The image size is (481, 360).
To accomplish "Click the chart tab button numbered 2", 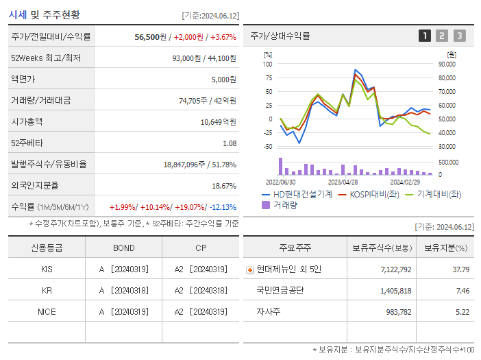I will coord(442,36).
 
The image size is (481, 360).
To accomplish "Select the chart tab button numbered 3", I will coord(459,36).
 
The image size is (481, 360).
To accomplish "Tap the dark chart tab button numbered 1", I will coord(425,36).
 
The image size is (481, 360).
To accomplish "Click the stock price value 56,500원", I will coord(150,37).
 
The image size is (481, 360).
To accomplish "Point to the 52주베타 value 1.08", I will coord(230,143).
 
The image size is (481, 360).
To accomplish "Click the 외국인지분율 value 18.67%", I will coord(224,186).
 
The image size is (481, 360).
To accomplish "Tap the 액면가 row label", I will coord(26,80).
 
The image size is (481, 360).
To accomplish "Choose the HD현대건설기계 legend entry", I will coord(297,194).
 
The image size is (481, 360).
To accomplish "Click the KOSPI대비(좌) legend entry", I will coord(373,194).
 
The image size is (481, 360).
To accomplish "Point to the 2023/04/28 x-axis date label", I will coord(343,182).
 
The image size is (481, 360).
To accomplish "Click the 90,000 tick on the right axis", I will coord(447,64).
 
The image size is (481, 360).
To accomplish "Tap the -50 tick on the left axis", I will coord(268,147).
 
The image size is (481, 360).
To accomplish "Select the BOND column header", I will coord(124,248).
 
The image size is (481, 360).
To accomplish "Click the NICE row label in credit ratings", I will coord(47,311).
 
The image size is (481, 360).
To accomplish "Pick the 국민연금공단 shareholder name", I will coord(280,291).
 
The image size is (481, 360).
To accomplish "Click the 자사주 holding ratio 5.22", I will coord(463,312).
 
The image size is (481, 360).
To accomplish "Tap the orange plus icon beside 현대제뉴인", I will coord(249,269).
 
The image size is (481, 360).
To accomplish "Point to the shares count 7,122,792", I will coord(395,269).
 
